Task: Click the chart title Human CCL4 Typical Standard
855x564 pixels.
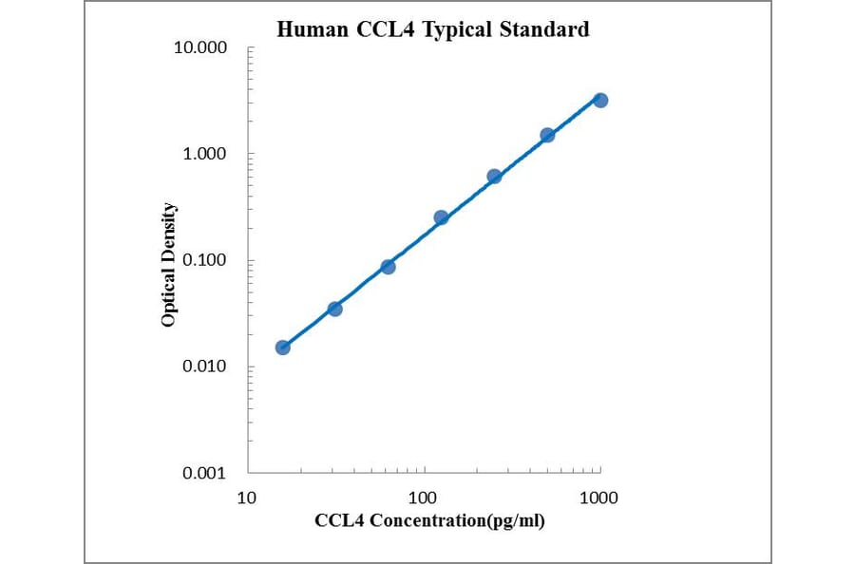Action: coord(432,29)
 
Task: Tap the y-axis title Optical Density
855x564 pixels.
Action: coord(168,265)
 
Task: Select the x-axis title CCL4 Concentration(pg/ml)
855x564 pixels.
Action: coord(429,520)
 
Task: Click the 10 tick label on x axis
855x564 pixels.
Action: coord(247,497)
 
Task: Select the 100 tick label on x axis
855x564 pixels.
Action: coord(423,497)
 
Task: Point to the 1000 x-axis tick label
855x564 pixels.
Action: coord(598,497)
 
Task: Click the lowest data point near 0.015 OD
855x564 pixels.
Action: coord(283,348)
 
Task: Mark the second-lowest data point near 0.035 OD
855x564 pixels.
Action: coord(335,309)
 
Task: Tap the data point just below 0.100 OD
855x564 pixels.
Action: coord(388,267)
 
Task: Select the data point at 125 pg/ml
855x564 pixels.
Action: coord(441,217)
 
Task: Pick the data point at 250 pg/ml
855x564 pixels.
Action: coord(494,177)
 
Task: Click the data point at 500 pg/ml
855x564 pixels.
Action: coord(547,135)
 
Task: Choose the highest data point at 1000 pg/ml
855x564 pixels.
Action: coord(600,100)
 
